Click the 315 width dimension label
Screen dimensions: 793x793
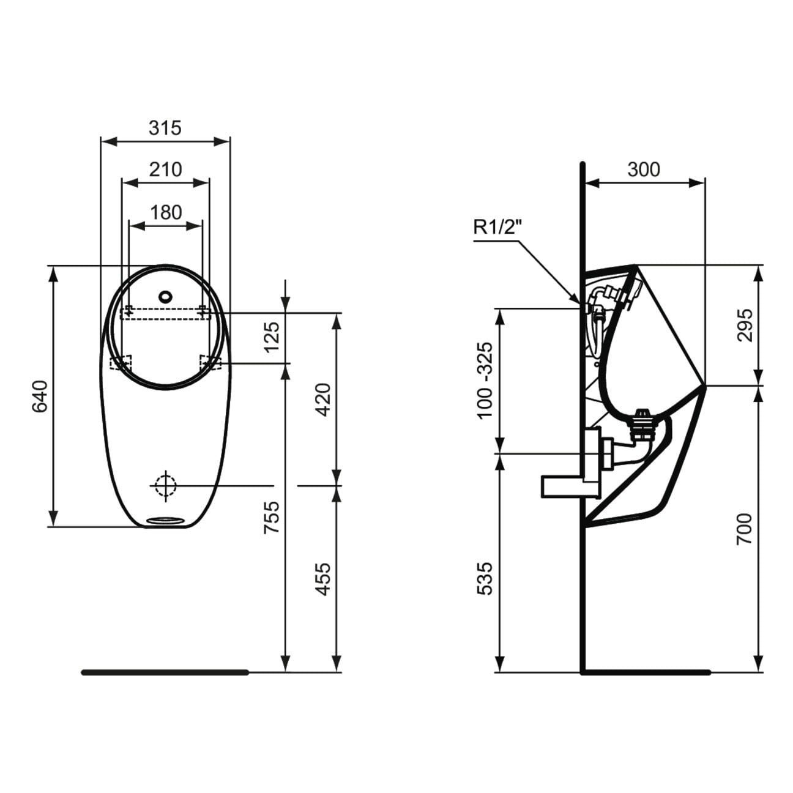165,128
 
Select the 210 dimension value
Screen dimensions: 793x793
165,169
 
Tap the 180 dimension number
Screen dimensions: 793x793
166,213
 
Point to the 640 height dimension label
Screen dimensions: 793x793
40,396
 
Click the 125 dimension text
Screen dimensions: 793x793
272,337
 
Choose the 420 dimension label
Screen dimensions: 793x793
322,400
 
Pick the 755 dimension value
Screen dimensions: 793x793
272,517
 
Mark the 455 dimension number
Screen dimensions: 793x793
322,579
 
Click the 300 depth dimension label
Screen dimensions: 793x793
644,169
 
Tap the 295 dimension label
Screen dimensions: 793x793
745,325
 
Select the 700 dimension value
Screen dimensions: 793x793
745,529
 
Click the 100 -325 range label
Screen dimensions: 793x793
485,380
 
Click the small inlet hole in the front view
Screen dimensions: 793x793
165,296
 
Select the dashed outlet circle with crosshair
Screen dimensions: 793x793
166,486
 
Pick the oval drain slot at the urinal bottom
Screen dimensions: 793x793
165,520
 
